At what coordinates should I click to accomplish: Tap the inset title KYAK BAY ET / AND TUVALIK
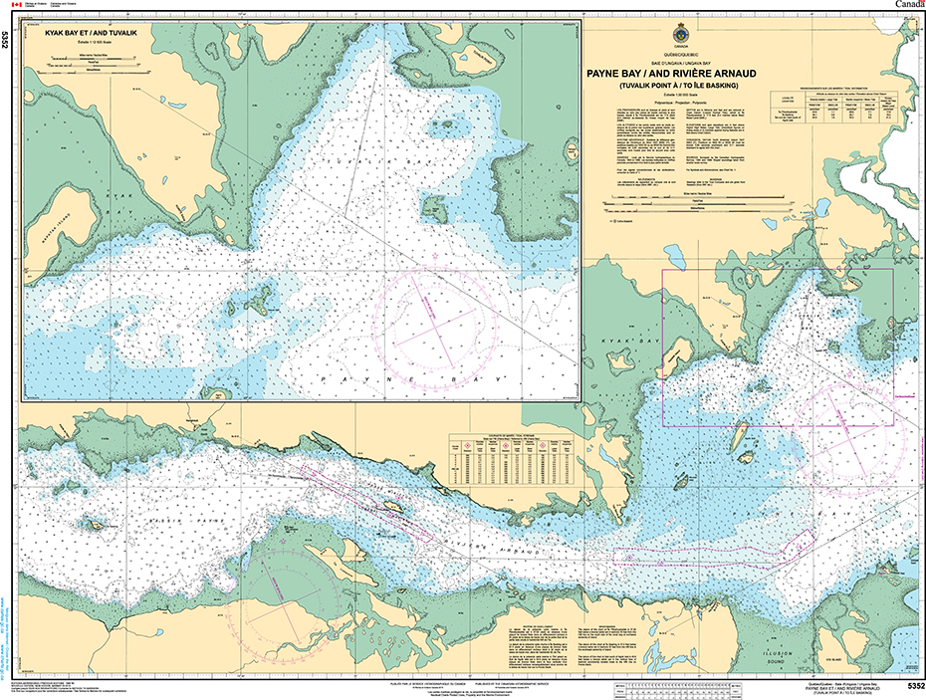click(x=90, y=34)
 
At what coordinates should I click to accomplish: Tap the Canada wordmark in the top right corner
click(x=907, y=6)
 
